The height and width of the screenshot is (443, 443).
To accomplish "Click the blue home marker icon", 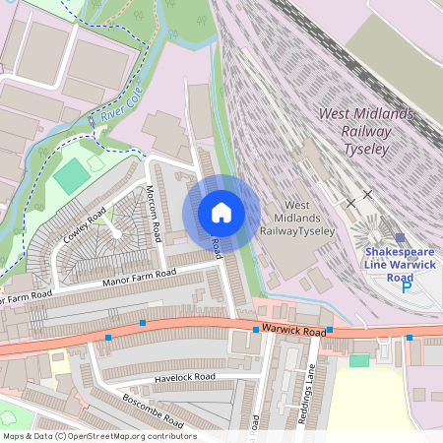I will tap(221, 213).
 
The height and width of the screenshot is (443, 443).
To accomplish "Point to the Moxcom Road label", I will tap(154, 218).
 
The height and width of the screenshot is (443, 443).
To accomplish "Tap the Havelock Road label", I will tap(184, 377).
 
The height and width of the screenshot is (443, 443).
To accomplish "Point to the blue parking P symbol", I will tap(406, 287).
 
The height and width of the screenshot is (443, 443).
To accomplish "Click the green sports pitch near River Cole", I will tap(71, 175).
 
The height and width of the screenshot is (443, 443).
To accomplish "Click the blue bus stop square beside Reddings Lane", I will tap(330, 330).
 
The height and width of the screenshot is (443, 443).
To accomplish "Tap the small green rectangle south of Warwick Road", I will tap(359, 361).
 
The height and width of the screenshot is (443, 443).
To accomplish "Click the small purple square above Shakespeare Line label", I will tap(400, 237).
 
